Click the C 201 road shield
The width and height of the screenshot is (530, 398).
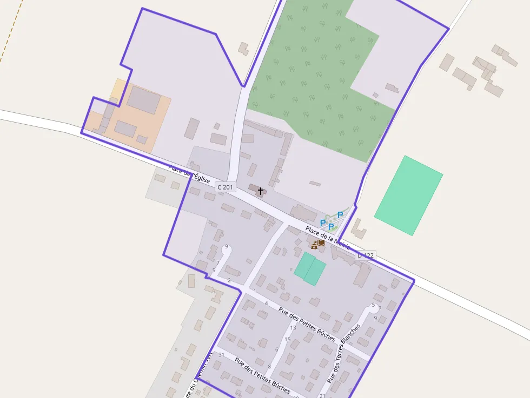click(x=226, y=187)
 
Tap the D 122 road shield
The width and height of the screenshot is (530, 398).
click(x=366, y=255)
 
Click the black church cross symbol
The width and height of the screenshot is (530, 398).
click(x=261, y=191)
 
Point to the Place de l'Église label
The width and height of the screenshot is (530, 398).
click(x=189, y=175)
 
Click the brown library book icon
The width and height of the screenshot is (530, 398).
click(x=321, y=243)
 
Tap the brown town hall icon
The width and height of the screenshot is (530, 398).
click(x=314, y=246)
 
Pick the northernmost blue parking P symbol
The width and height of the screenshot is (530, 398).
click(x=340, y=215)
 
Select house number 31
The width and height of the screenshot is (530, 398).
click(x=221, y=354)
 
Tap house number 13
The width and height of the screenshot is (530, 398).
click(x=293, y=327)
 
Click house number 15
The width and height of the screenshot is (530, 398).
click(x=288, y=339)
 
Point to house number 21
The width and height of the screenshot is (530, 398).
click(x=322, y=396)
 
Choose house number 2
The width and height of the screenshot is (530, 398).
click(x=229, y=280)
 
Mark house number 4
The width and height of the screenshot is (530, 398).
click(x=266, y=303)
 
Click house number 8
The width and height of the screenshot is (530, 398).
click(x=269, y=367)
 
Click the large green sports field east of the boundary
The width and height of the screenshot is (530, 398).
click(x=408, y=195)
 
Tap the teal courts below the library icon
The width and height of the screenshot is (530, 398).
click(x=310, y=268)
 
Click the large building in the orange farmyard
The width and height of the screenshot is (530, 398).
click(x=144, y=100)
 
